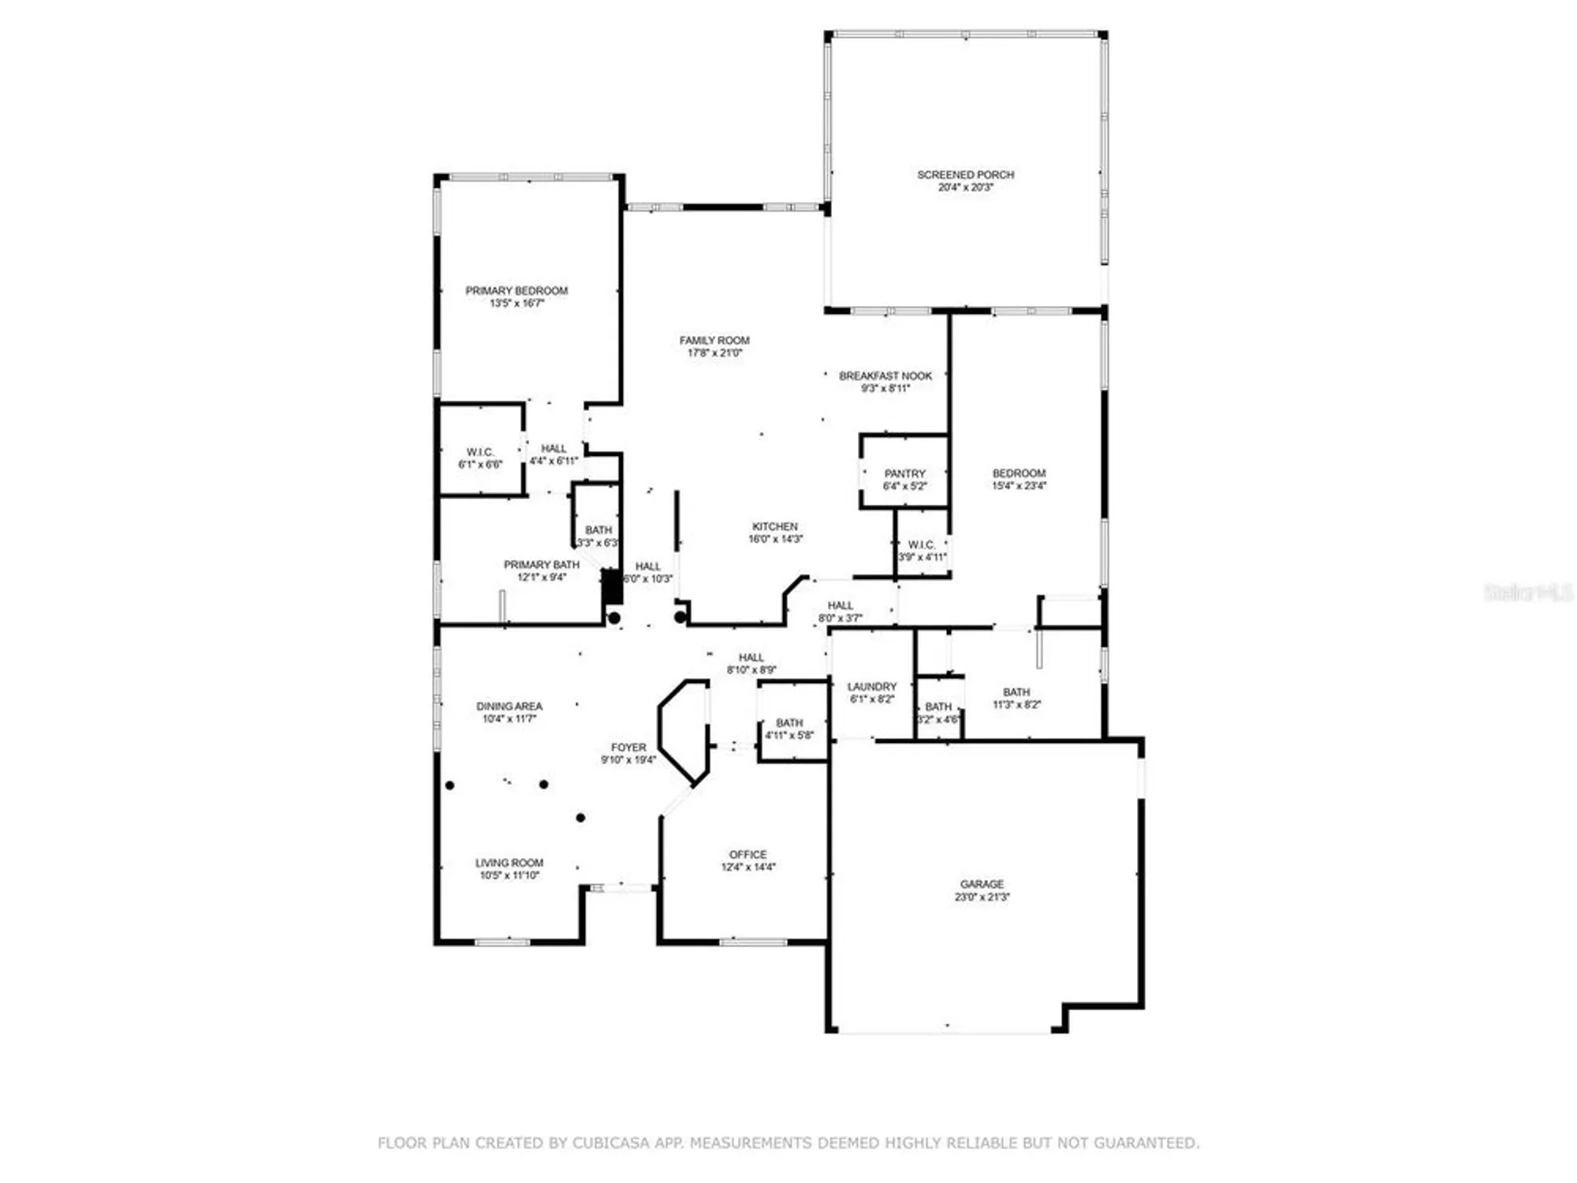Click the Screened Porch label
point(965,175)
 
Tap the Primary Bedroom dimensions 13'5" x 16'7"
point(516,304)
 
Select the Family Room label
point(714,341)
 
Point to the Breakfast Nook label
point(885,376)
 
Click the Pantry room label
point(904,474)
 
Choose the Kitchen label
point(774,527)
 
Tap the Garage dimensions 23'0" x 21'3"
point(982,898)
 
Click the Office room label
point(747,855)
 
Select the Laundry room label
point(871,687)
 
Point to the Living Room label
point(509,864)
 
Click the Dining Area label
point(509,707)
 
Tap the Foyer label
point(628,748)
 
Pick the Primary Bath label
point(541,565)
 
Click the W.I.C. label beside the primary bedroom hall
point(480,453)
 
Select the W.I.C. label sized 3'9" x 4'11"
point(921,545)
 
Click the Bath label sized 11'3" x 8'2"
point(1016,692)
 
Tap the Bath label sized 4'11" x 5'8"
point(789,723)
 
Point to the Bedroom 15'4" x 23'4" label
point(1019,474)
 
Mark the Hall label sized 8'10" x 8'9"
point(751,658)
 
